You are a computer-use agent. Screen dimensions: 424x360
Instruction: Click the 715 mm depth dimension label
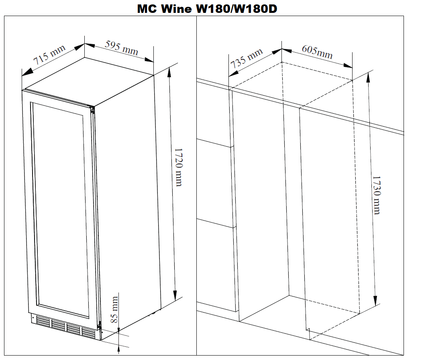click(49, 55)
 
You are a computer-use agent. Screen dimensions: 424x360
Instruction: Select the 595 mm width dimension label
click(121, 48)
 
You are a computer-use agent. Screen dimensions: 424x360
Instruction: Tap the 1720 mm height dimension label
click(178, 167)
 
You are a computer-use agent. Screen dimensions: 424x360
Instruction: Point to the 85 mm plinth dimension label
click(115, 309)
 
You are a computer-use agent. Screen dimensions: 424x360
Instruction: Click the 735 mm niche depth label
click(247, 58)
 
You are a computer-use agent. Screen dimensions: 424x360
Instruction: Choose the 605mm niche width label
click(317, 52)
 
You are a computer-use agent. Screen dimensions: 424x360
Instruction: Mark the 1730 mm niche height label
click(376, 195)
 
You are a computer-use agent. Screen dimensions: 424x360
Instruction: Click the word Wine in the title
click(176, 9)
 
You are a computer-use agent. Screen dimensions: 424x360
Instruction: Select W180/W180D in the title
click(236, 9)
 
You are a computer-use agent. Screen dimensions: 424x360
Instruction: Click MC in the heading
click(147, 9)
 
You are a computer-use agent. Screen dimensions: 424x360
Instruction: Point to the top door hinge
click(92, 110)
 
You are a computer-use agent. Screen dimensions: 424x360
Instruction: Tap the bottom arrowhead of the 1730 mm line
click(375, 300)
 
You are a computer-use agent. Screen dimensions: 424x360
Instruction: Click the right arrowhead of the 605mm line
click(348, 65)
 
